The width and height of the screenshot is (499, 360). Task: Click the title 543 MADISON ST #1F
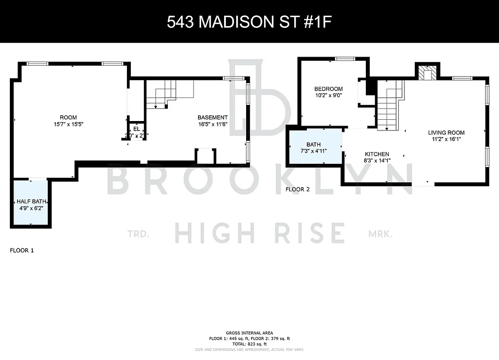tap(249, 22)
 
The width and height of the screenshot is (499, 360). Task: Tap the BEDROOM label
tap(328, 89)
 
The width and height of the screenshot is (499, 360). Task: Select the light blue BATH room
tap(315, 147)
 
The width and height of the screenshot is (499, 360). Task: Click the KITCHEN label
tap(376, 154)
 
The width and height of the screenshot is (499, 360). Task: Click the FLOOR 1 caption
tap(22, 250)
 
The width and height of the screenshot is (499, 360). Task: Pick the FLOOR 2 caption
tap(298, 189)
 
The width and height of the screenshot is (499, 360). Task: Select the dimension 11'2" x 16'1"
tap(446, 139)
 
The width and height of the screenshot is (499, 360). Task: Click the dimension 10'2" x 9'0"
tap(328, 95)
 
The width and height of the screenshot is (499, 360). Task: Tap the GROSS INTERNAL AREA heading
tap(249, 333)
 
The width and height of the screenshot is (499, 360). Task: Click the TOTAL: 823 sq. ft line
tap(249, 344)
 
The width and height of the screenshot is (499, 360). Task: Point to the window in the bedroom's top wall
tap(345, 58)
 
